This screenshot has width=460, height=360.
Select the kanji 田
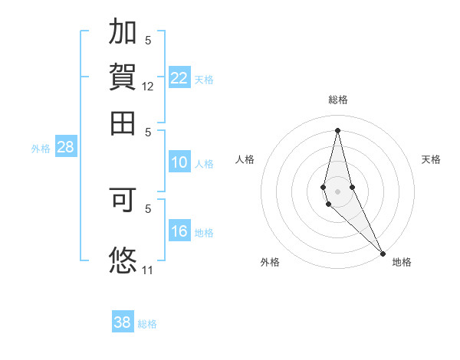coord(123,121)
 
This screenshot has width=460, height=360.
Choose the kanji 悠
coord(123,259)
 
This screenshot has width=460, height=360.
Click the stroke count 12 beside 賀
coord(148,87)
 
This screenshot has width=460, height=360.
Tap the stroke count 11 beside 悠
coord(148,270)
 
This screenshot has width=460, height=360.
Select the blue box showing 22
coord(179,78)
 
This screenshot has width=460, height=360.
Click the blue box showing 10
coord(179,162)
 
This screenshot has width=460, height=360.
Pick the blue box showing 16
coord(179,232)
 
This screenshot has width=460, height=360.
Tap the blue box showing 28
coord(66,148)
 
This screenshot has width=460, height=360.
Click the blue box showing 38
coord(123,322)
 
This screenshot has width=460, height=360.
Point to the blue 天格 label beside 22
coord(204,80)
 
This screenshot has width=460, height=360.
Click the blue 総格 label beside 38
coord(147,324)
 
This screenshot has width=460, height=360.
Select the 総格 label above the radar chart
coord(338,100)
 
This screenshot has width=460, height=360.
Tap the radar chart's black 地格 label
coord(402,263)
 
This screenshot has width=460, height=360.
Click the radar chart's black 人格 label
coord(245,159)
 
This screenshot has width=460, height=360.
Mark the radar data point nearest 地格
coord(383,254)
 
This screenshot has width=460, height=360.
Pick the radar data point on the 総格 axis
coord(338,129)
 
